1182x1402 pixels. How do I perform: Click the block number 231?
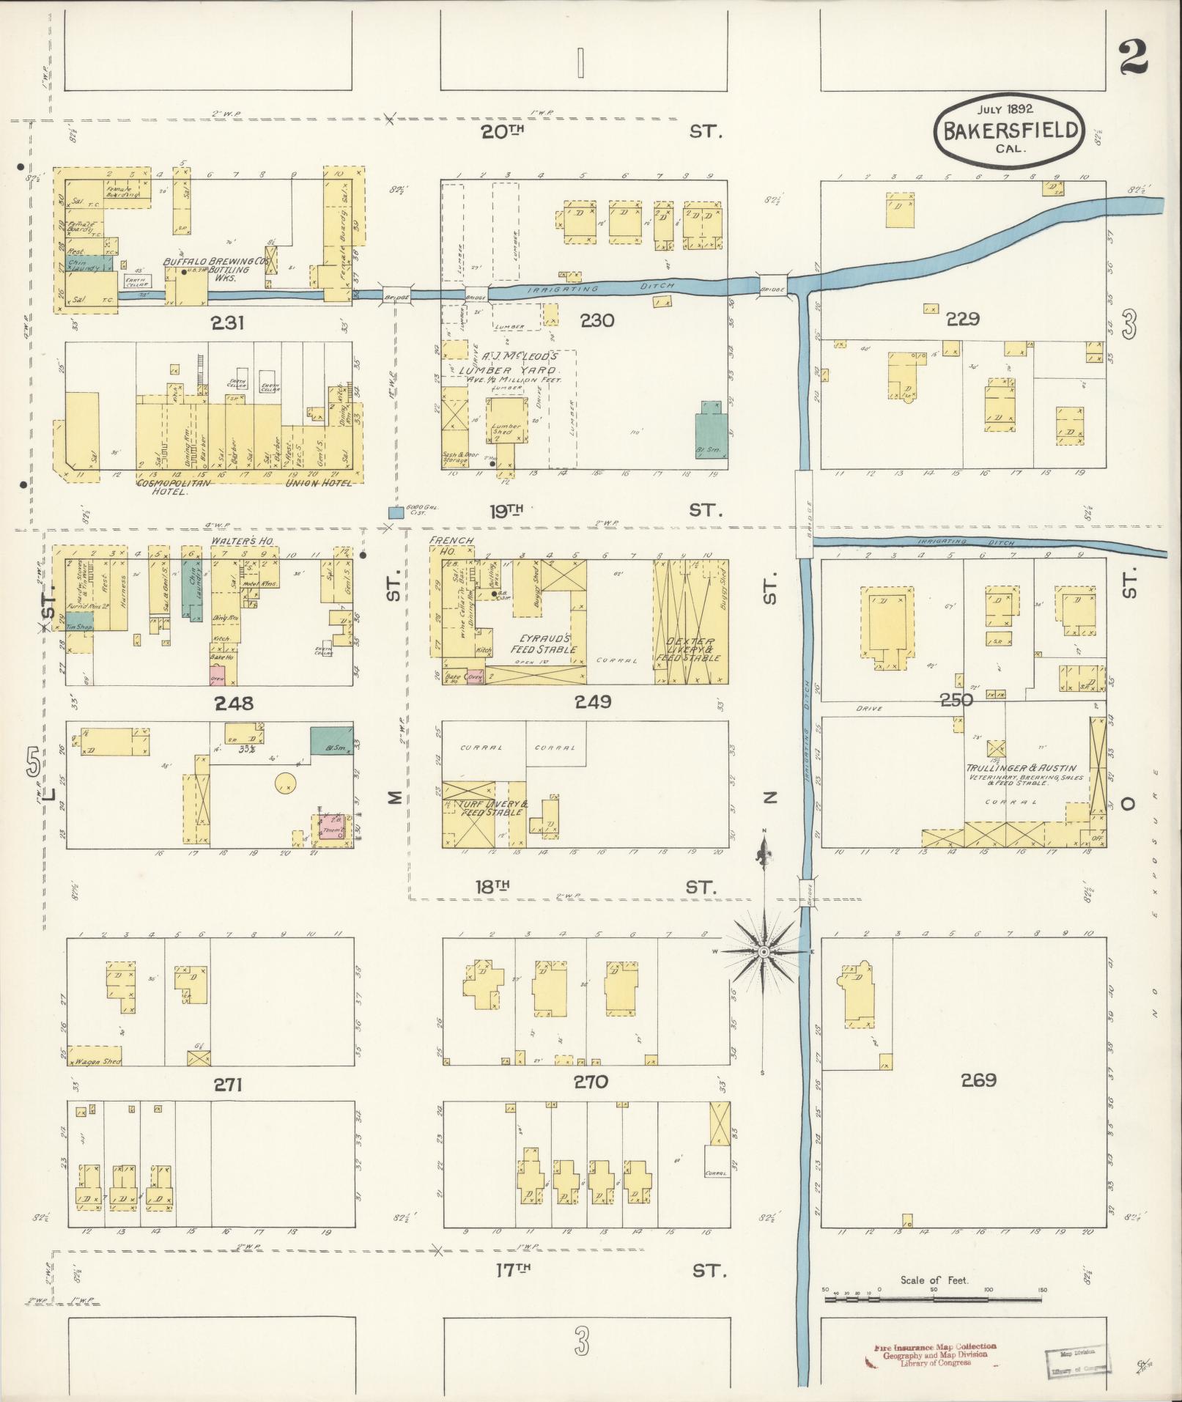(x=227, y=322)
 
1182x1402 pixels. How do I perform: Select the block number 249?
(x=593, y=702)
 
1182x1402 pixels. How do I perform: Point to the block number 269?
(x=980, y=1080)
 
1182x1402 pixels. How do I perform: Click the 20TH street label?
(x=503, y=132)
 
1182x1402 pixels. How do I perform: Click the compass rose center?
(x=764, y=951)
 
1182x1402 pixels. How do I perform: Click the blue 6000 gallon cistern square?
(x=395, y=513)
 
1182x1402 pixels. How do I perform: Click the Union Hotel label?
(x=319, y=483)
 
